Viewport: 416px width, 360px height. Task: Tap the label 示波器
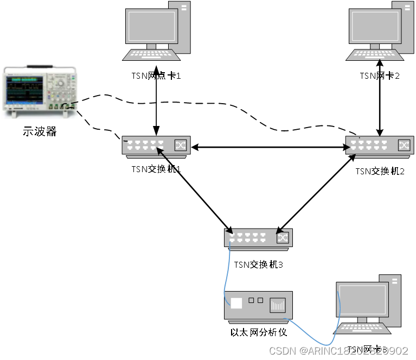point(39,131)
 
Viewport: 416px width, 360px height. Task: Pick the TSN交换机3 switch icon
point(258,238)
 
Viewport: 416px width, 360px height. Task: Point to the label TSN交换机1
point(156,169)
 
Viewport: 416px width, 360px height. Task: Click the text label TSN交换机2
point(380,171)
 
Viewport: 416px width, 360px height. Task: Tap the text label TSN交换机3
point(259,265)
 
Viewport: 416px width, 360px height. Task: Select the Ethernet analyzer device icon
point(258,305)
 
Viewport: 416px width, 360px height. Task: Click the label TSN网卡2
point(380,75)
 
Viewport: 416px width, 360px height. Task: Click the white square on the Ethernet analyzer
point(236,303)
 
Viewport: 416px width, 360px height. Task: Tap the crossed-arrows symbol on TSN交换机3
point(283,237)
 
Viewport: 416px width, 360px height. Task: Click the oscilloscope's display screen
point(24,90)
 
